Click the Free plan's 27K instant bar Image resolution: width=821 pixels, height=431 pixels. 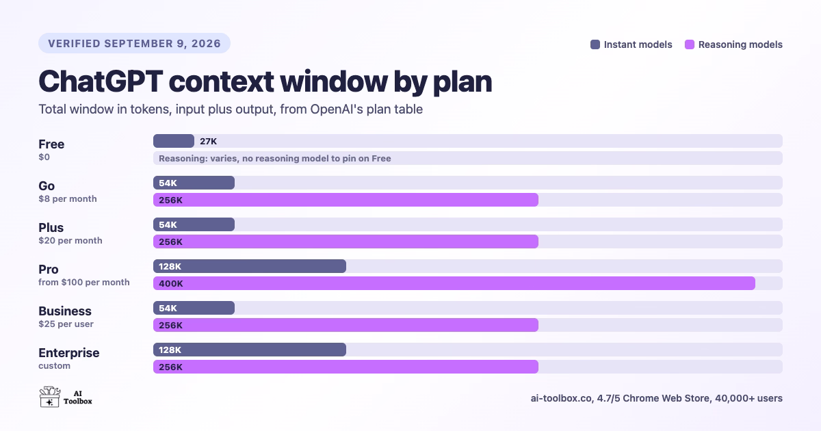tap(174, 141)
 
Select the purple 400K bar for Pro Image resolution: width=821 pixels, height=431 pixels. tap(454, 283)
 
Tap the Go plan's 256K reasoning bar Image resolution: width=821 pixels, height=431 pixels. tap(346, 200)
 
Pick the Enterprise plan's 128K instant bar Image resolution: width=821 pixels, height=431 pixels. tap(250, 350)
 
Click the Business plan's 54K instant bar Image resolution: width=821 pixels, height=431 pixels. tap(194, 308)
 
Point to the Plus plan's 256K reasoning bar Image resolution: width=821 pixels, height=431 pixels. tap(346, 241)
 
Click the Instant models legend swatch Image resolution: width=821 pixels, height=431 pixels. tap(595, 44)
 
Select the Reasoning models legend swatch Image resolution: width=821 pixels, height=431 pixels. tap(690, 44)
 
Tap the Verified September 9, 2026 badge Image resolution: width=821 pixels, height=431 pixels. tap(135, 43)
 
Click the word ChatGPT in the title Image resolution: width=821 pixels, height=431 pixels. tap(101, 81)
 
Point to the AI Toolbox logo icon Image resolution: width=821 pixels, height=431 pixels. tap(49, 397)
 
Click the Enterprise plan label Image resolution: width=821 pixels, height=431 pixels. tap(69, 353)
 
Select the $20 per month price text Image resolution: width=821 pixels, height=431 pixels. tap(70, 240)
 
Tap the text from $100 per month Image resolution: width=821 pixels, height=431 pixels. tap(84, 282)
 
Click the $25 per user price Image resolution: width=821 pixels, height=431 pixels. tap(66, 324)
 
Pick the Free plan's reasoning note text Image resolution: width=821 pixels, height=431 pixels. tap(275, 158)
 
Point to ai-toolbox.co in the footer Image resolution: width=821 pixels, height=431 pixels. tap(561, 398)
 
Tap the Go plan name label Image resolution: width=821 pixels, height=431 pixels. tap(47, 186)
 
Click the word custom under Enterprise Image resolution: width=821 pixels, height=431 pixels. tap(54, 366)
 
